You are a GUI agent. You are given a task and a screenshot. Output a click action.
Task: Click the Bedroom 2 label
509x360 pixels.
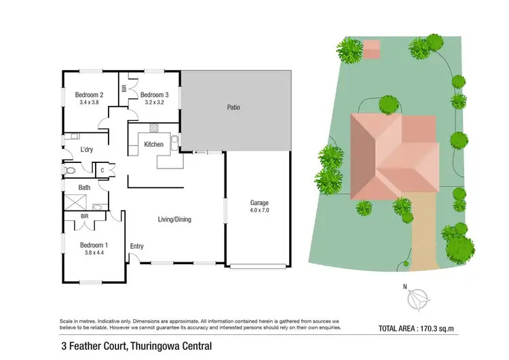click(89, 94)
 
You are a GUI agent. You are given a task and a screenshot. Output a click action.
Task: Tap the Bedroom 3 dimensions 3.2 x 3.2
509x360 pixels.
click(154, 103)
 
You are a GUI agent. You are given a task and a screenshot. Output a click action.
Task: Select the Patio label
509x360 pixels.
click(233, 107)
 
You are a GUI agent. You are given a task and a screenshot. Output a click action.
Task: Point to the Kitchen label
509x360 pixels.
click(153, 144)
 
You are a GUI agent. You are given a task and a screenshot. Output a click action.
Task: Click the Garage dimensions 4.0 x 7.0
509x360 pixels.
click(260, 211)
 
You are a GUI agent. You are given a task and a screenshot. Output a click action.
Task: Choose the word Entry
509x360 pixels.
click(137, 247)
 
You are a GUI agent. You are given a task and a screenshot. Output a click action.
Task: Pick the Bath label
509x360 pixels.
click(84, 187)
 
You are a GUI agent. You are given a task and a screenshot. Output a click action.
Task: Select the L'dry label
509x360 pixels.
click(86, 149)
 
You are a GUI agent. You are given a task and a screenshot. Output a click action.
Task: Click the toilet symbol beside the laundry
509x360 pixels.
click(69, 170)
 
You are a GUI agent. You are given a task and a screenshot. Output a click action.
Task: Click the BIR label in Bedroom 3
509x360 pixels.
click(124, 88)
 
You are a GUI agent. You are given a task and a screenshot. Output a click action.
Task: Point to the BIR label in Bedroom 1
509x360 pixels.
click(84, 217)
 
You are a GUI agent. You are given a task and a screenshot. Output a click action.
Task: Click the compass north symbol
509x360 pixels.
click(418, 297)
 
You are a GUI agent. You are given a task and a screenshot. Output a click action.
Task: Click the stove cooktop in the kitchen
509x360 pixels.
click(154, 128)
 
